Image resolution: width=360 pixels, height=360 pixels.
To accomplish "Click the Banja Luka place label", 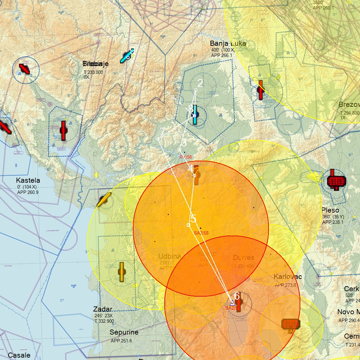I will point(228,43).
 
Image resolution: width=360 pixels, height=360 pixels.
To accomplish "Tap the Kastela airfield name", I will point(28,180).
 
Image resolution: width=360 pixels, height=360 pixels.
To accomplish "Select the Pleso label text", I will point(330,210).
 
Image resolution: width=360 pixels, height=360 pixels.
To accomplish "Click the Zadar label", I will point(103,309).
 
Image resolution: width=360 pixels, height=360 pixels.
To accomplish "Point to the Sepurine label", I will point(124,332).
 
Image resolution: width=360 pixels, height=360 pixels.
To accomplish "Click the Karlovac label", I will point(287,277).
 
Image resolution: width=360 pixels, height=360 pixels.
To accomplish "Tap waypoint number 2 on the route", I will point(196,90).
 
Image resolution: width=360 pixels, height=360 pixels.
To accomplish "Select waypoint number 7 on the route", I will point(158,139).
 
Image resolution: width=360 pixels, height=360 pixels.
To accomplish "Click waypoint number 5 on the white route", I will point(188,225).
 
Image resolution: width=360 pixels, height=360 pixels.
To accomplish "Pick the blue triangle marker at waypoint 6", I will point(232,303).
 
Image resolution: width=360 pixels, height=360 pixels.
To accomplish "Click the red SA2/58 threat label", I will point(201,233).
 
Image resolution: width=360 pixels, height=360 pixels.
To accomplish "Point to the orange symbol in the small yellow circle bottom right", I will point(291,324).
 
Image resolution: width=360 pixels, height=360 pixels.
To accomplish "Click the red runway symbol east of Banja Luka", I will point(260,90).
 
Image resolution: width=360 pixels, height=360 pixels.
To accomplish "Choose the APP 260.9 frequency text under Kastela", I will point(28,192).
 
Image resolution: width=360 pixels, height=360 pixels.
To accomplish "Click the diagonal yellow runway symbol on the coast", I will point(104,200).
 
